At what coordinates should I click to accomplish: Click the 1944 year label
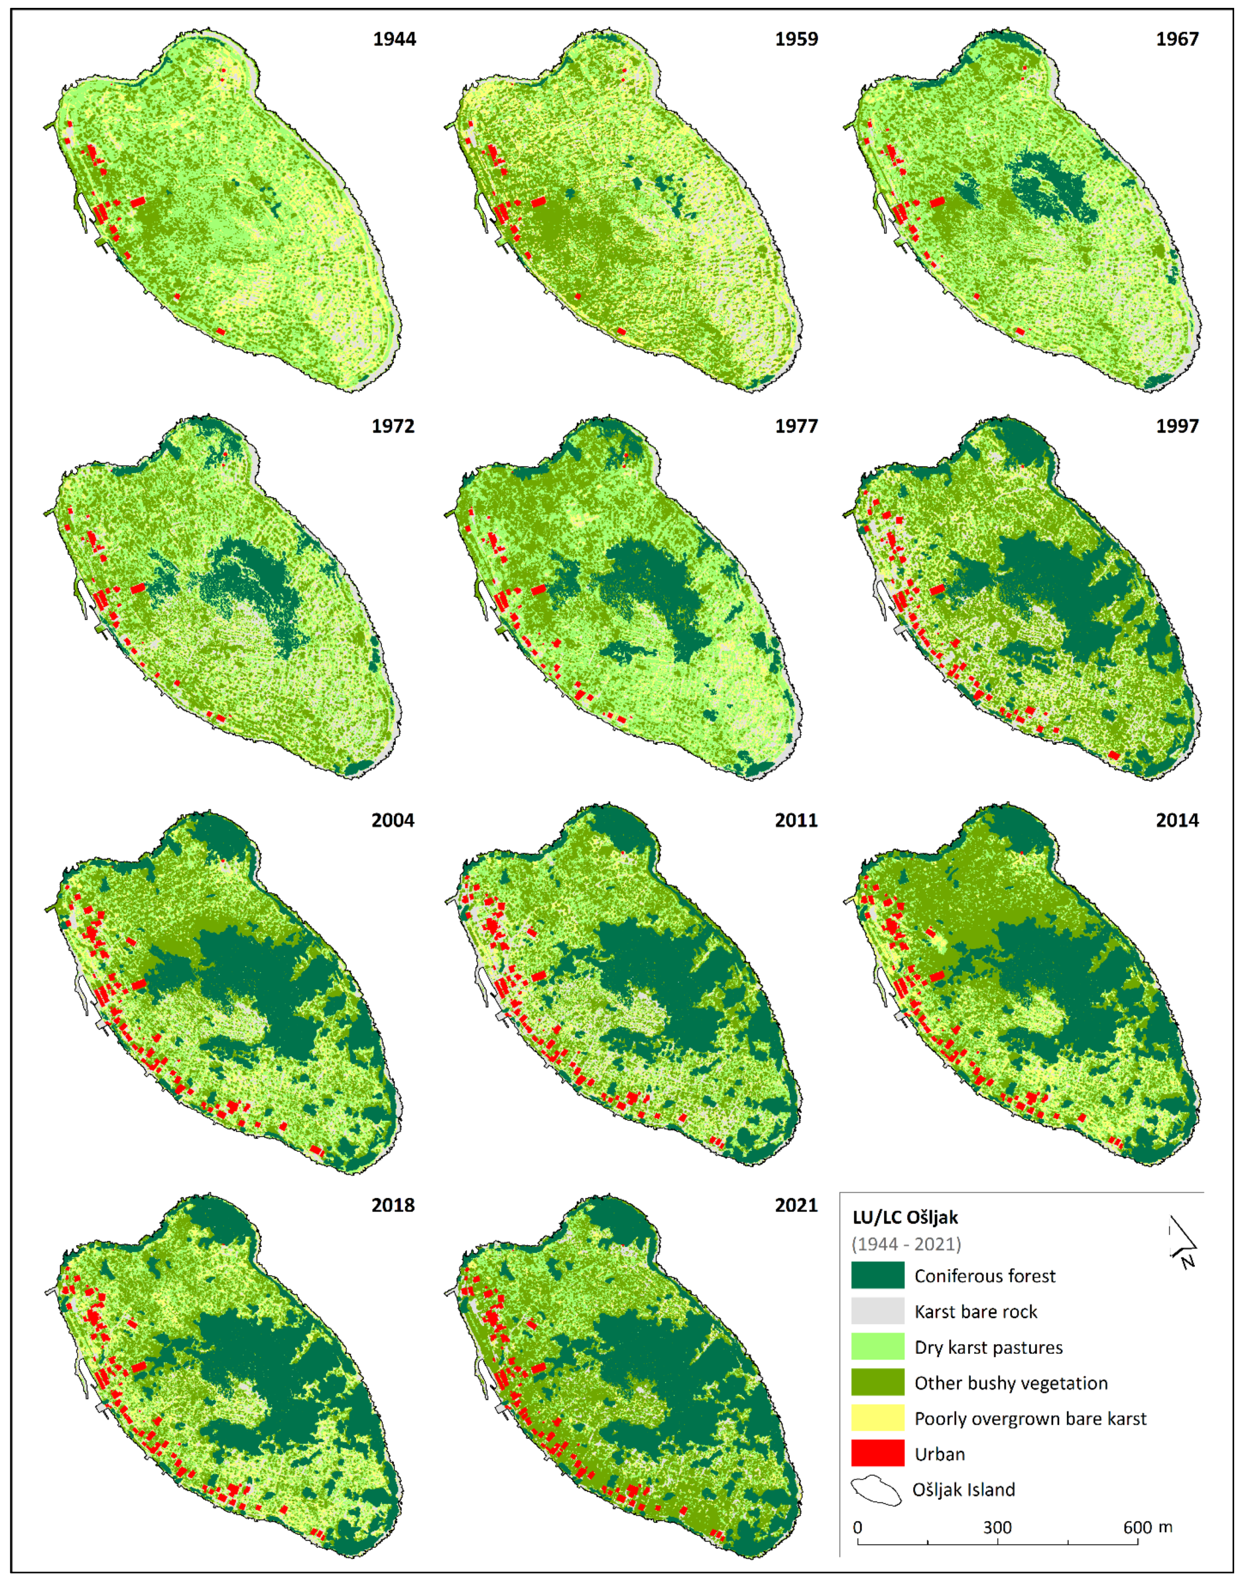394,39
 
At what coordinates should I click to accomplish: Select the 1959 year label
796,39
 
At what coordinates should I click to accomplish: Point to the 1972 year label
393,426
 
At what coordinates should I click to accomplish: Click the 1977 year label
796,426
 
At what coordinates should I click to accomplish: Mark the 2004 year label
393,820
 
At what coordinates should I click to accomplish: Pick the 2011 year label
796,820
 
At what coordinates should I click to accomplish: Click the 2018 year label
393,1205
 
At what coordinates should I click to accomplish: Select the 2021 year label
796,1205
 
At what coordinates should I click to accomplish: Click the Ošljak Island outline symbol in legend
876,1489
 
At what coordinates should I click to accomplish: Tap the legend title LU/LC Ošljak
905,1218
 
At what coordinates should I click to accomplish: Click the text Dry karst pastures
988,1347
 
